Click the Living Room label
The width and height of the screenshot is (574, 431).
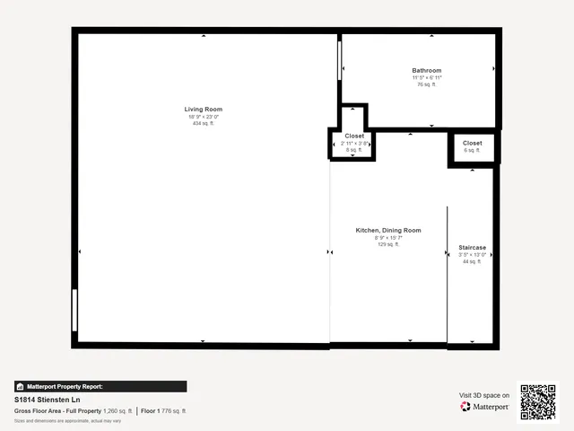pyautogui.click(x=204, y=110)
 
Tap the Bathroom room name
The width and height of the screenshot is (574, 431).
pyautogui.click(x=427, y=71)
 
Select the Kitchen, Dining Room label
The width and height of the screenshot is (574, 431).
pyautogui.click(x=388, y=231)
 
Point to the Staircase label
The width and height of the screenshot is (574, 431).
pyautogui.click(x=472, y=248)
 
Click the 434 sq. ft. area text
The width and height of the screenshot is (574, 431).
pyautogui.click(x=204, y=123)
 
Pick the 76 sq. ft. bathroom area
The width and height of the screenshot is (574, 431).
pyautogui.click(x=427, y=84)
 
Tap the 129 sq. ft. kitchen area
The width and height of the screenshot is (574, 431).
pyautogui.click(x=388, y=244)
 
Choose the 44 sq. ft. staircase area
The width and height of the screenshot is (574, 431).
pyautogui.click(x=472, y=261)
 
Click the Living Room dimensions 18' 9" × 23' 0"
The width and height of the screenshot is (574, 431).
pyautogui.click(x=204, y=117)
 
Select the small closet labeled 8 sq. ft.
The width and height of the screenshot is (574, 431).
pyautogui.click(x=354, y=144)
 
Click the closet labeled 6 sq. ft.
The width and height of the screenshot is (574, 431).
pyautogui.click(x=472, y=146)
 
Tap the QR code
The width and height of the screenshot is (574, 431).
pyautogui.click(x=538, y=402)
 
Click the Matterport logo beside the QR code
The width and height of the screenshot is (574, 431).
pyautogui.click(x=485, y=407)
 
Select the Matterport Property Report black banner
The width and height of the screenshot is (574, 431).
pyautogui.click(x=100, y=386)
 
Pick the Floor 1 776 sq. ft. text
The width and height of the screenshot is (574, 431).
pyautogui.click(x=163, y=410)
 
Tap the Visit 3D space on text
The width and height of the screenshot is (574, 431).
pyautogui.click(x=484, y=395)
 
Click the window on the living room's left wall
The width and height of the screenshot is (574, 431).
pyautogui.click(x=75, y=311)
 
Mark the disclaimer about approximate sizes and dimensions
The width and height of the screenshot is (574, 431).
pyautogui.click(x=68, y=420)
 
